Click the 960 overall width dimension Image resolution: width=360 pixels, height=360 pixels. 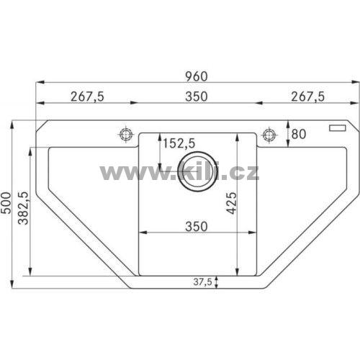coord(197,76)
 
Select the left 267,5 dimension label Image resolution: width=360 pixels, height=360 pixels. coord(87,96)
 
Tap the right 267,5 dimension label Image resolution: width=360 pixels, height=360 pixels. coord(307,96)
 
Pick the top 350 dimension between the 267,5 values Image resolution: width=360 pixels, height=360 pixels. coord(197,96)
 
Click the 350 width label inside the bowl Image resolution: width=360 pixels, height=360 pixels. coord(197,227)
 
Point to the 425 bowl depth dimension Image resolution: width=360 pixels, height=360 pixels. coord(232,203)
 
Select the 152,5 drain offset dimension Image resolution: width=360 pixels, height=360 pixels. coord(179,143)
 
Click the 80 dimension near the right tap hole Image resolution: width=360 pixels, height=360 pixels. coord(299,134)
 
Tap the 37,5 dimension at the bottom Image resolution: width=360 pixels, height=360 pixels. coord(203,282)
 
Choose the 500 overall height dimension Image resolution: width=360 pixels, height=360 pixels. coord(6,203)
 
